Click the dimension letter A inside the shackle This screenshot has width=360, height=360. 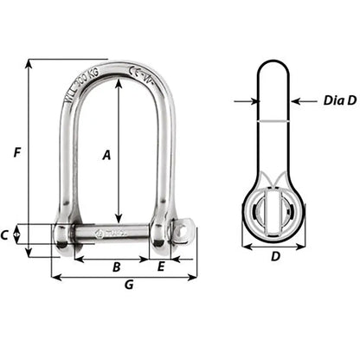click(x=106, y=156)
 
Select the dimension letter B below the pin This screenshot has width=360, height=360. click(x=116, y=267)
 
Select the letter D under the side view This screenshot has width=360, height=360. click(x=275, y=257)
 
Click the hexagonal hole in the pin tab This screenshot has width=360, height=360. click(x=183, y=233)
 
